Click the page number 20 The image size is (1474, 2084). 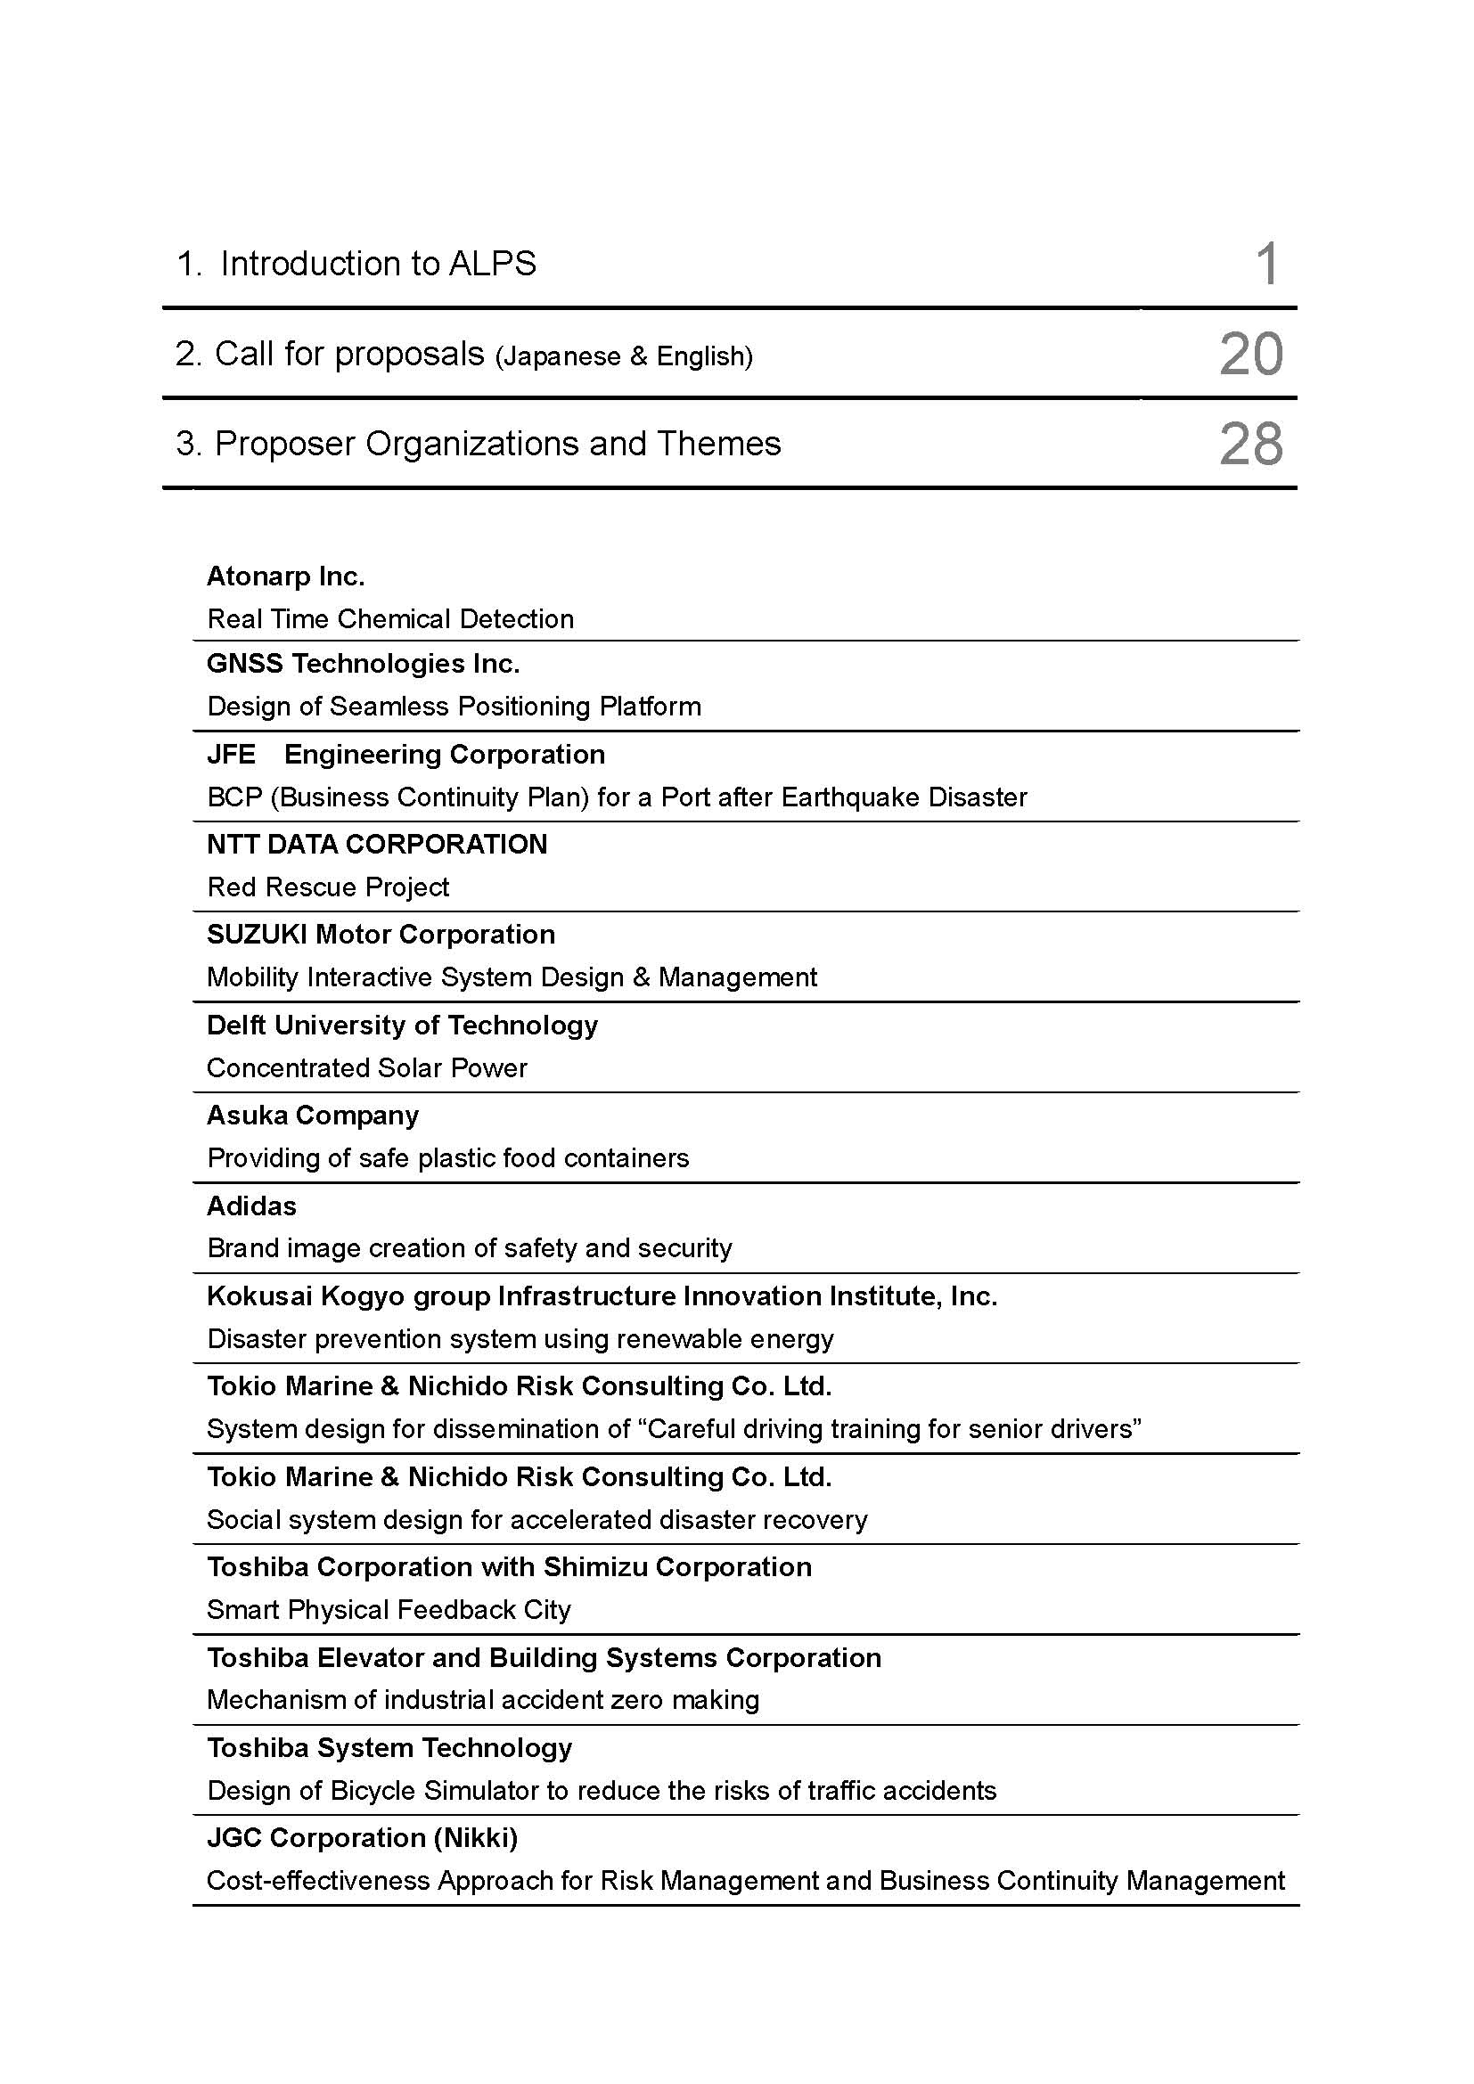(x=1250, y=354)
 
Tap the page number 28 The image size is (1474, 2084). (x=1250, y=444)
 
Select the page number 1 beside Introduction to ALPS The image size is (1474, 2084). (x=1267, y=264)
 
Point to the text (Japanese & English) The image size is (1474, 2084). (x=624, y=356)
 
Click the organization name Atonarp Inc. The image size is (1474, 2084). (x=286, y=576)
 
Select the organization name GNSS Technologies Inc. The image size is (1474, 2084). (x=363, y=664)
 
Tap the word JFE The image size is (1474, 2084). (x=232, y=755)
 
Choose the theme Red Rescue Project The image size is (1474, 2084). (x=328, y=887)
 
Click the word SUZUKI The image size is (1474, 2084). (x=257, y=934)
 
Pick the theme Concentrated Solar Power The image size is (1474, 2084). (x=366, y=1067)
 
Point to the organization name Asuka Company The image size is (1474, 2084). (x=312, y=1115)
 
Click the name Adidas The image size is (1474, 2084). (x=251, y=1205)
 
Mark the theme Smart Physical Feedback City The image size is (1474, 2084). (x=389, y=1609)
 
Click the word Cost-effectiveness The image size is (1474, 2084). (x=318, y=1881)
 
